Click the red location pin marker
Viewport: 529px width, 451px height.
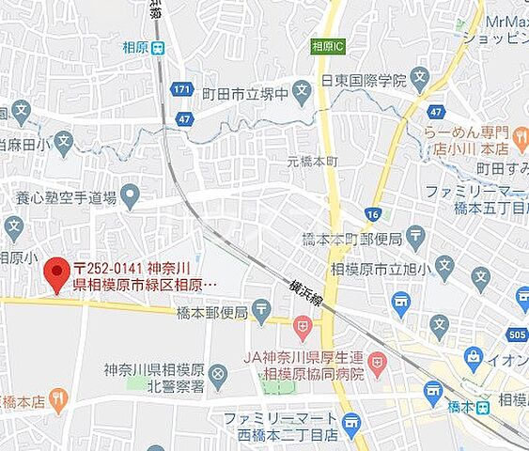[x=59, y=275]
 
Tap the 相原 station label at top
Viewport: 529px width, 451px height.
[x=135, y=47]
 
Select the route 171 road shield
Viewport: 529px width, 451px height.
[x=182, y=89]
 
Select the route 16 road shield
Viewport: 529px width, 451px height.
[x=374, y=215]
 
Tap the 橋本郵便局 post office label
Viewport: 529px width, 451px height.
[x=211, y=312]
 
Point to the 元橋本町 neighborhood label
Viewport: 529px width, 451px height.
[x=312, y=162]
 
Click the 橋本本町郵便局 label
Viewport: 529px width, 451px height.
[x=350, y=238]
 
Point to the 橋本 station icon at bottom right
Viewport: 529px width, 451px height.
[x=482, y=407]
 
